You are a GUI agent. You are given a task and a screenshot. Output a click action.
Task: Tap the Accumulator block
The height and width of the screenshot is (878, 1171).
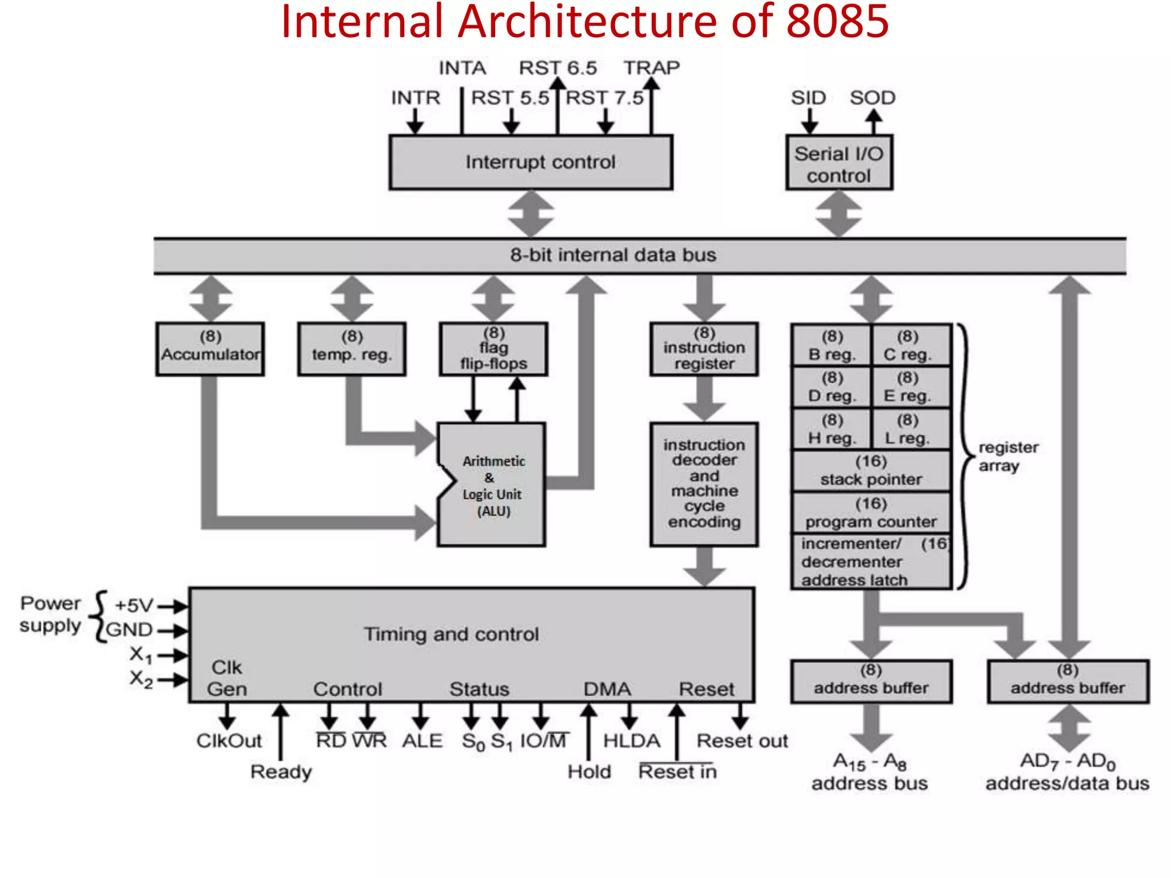[x=210, y=349]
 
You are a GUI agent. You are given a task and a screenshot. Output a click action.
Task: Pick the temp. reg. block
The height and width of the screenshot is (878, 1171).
[x=352, y=349]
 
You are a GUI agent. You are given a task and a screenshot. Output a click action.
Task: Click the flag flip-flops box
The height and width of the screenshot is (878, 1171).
[x=493, y=349]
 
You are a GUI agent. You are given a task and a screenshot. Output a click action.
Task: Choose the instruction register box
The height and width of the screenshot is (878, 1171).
[x=704, y=349]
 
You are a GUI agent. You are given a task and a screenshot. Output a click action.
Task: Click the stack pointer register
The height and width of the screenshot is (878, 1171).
[x=871, y=470]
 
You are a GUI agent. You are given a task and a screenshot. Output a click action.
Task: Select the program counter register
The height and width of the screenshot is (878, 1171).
[x=871, y=513]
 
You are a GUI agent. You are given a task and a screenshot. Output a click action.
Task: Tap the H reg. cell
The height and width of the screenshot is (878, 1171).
[x=832, y=429]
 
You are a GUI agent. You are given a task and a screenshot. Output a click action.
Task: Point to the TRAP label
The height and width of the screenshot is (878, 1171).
[x=651, y=68]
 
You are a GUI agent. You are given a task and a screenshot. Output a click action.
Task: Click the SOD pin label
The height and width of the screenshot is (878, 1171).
[x=872, y=98]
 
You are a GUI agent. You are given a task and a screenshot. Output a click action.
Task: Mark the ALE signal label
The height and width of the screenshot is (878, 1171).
[x=422, y=741]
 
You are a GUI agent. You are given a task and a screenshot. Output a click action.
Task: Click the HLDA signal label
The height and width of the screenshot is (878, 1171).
[x=631, y=741]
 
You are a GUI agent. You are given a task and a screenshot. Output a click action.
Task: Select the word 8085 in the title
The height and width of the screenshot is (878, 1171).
[x=837, y=22]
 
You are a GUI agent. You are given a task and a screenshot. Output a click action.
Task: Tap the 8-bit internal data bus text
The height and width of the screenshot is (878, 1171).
[x=613, y=255]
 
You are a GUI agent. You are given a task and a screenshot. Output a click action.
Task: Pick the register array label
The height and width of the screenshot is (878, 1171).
[x=1007, y=456]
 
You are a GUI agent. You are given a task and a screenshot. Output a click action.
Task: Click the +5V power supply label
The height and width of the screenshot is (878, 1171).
[x=134, y=605]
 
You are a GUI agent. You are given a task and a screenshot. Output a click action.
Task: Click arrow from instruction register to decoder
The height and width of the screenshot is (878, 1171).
[x=704, y=399]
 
